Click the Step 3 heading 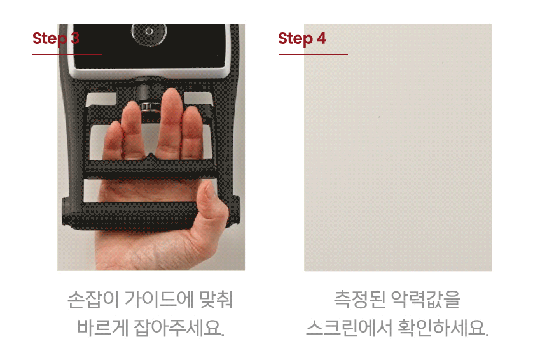click(x=56, y=38)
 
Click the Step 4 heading click(x=302, y=38)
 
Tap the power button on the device click(x=149, y=32)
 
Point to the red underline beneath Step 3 click(x=67, y=55)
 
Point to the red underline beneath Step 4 click(x=313, y=55)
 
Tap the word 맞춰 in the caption click(x=216, y=300)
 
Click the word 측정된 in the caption click(x=359, y=300)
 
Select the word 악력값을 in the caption click(x=426, y=300)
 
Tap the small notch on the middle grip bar click(x=151, y=156)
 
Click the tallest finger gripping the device click(x=170, y=122)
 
